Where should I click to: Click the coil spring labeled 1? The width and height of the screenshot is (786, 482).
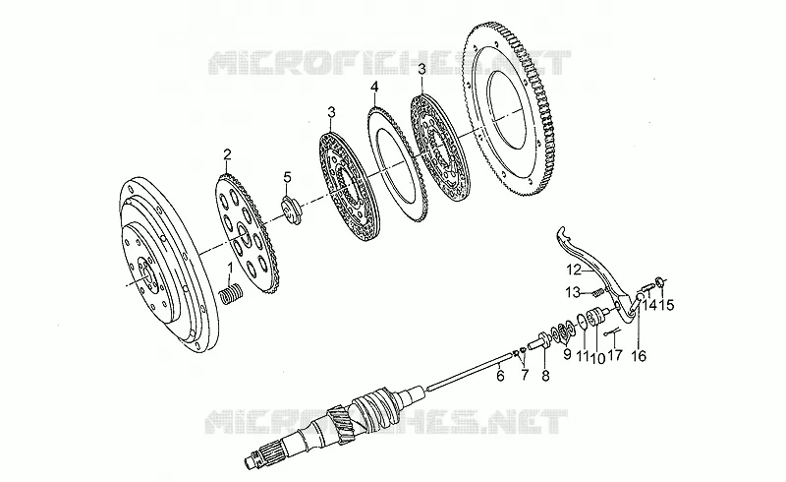(x=232, y=294)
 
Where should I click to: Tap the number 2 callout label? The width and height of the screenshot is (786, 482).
(x=227, y=153)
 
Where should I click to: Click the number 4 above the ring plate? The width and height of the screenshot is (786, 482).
(x=374, y=88)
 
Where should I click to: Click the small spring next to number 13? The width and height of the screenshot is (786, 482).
(x=597, y=291)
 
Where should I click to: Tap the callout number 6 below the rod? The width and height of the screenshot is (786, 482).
(x=499, y=376)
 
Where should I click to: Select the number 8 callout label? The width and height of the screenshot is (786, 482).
(x=545, y=376)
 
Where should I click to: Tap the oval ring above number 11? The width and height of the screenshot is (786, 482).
(x=583, y=321)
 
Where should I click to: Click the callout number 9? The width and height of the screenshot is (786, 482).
(x=567, y=354)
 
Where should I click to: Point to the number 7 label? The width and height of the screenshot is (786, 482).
(x=525, y=375)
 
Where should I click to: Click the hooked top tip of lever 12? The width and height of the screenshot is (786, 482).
(x=561, y=231)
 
